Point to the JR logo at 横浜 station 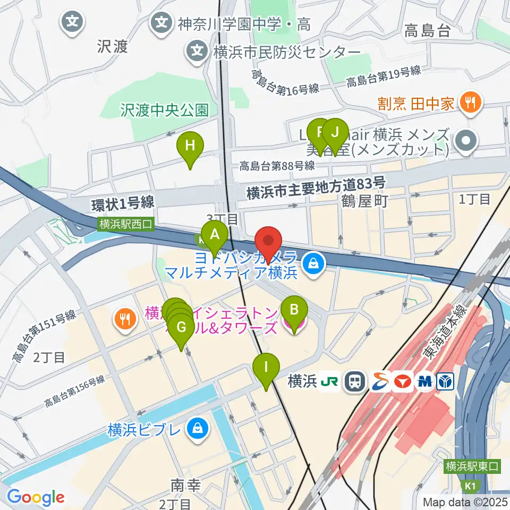point(329,381)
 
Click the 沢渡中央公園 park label point(164,110)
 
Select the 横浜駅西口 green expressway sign point(126,224)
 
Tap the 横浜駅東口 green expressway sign point(473,466)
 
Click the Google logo point(36,497)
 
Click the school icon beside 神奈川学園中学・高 point(160,23)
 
